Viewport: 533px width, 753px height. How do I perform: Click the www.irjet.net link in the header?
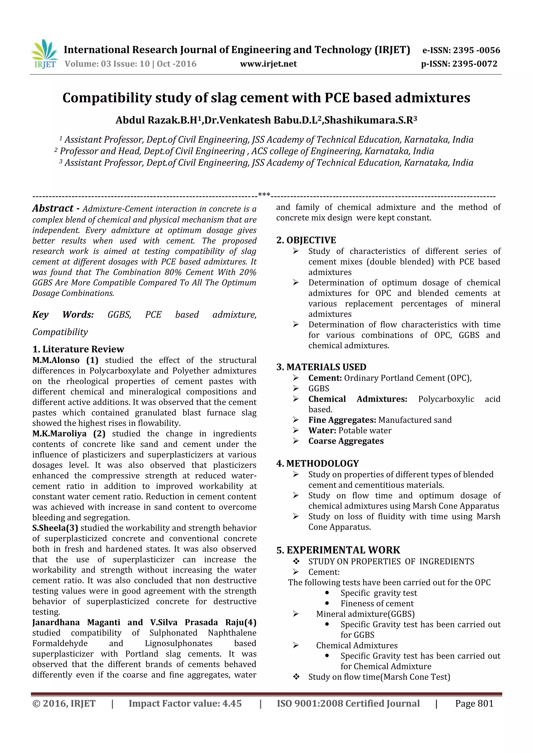(x=268, y=64)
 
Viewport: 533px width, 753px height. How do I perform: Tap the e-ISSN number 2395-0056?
(x=477, y=50)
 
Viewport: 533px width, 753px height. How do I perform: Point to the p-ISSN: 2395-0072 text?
(x=459, y=64)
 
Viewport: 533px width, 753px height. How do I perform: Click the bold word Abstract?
(x=53, y=208)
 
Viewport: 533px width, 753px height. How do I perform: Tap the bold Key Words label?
(x=63, y=315)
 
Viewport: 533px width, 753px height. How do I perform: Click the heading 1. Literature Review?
(x=78, y=349)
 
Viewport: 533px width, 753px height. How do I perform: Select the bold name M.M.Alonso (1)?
(x=65, y=360)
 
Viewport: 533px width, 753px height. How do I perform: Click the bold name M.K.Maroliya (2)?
(x=69, y=434)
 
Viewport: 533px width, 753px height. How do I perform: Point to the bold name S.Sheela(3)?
(x=55, y=528)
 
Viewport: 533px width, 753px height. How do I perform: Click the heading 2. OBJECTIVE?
(x=306, y=240)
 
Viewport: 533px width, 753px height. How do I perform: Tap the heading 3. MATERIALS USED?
(x=321, y=367)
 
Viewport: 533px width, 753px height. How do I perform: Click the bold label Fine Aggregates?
(x=342, y=420)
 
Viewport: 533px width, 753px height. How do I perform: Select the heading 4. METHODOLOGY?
(x=318, y=463)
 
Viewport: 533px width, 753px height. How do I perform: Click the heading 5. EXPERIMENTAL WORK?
(x=338, y=550)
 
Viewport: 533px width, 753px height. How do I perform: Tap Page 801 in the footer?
(x=474, y=703)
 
